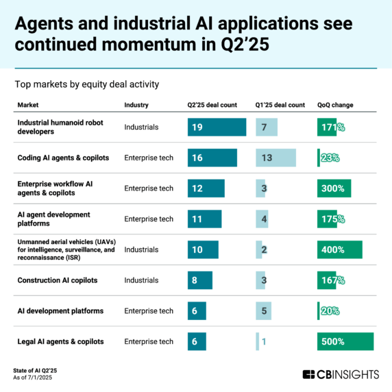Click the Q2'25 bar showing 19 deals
(x=217, y=127)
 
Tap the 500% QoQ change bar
(x=345, y=341)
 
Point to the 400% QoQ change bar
(x=340, y=249)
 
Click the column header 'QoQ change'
(x=335, y=105)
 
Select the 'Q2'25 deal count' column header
(x=212, y=105)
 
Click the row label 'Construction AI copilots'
(x=58, y=280)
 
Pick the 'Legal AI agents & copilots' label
(x=60, y=341)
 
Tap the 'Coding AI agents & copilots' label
(x=63, y=158)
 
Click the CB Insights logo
(x=340, y=373)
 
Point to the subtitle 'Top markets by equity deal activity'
(x=82, y=84)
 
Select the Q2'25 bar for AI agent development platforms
(x=204, y=219)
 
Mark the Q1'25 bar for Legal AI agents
(x=258, y=341)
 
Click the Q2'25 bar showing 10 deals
(x=203, y=249)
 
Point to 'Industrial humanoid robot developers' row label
(x=62, y=127)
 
